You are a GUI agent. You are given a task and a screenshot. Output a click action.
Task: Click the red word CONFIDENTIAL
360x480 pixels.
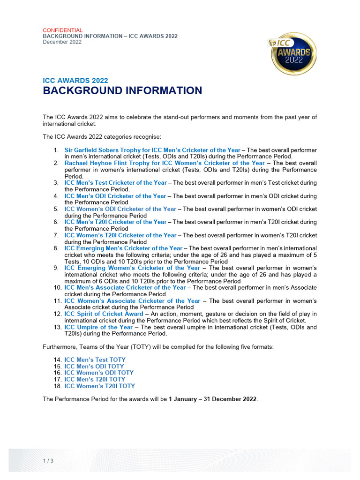click(63, 30)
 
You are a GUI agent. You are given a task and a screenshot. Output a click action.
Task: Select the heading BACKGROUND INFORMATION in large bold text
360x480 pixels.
click(122, 91)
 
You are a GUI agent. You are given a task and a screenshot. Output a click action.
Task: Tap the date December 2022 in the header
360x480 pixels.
click(62, 42)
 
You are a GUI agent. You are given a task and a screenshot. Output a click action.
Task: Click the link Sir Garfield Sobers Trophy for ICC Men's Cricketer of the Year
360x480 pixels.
click(152, 150)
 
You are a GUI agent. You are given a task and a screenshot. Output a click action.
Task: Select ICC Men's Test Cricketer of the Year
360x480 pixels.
click(115, 183)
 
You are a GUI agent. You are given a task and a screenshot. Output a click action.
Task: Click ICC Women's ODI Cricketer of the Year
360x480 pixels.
click(120, 209)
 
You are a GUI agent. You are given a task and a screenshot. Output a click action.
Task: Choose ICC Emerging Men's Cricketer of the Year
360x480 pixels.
click(123, 248)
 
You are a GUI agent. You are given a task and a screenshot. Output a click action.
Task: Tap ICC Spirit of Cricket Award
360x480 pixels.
click(104, 314)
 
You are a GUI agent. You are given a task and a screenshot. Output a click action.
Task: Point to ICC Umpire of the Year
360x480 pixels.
click(98, 327)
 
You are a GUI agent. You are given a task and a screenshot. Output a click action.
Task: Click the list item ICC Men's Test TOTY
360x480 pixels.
click(95, 360)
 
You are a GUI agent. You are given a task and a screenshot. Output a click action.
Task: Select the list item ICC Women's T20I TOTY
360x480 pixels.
click(99, 386)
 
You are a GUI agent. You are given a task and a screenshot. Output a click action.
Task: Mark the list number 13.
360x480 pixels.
click(56, 327)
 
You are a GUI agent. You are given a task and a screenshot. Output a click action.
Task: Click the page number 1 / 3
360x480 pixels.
click(48, 461)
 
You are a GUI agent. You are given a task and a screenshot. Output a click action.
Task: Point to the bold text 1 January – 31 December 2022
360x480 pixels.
click(212, 399)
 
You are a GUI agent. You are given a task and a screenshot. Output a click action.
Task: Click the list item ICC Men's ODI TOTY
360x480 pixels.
click(94, 367)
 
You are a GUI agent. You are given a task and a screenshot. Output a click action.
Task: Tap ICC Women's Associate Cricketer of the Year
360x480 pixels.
click(132, 301)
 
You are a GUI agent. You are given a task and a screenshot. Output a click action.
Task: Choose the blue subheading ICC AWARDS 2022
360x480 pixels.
click(75, 80)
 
